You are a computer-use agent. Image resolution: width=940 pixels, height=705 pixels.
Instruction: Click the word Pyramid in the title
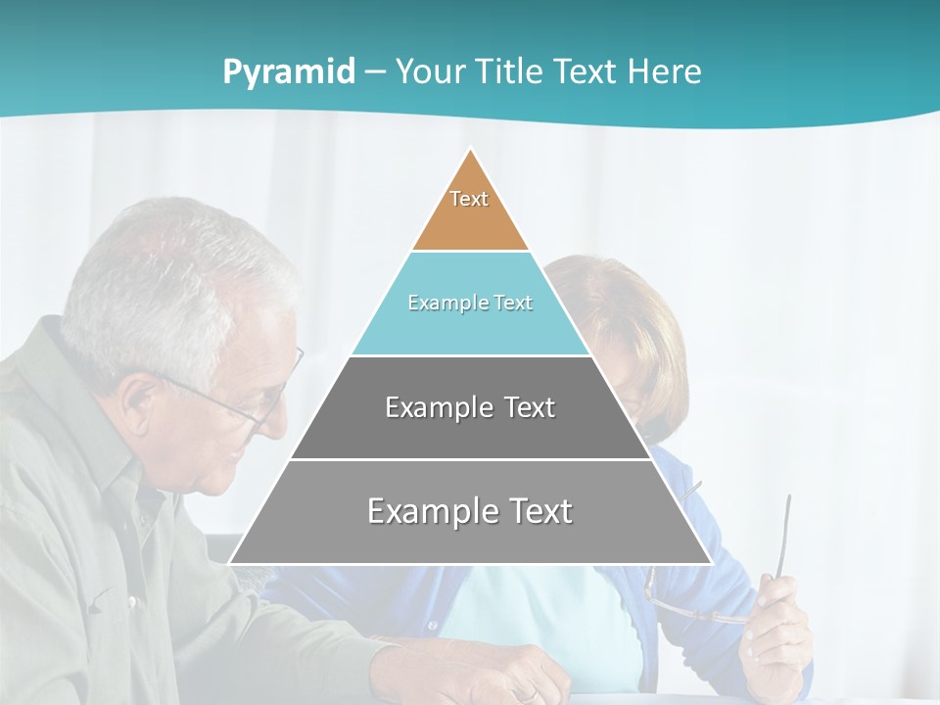click(x=289, y=72)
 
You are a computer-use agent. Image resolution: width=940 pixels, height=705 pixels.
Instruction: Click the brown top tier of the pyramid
click(x=470, y=220)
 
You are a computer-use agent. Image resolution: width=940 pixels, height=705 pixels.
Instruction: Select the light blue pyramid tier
click(x=470, y=328)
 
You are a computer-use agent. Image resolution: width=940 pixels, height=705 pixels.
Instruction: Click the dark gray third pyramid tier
click(x=470, y=431)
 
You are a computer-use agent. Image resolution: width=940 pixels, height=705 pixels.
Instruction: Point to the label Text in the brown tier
click(x=469, y=199)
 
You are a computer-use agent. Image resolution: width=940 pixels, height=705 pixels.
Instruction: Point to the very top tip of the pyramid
click(x=471, y=150)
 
